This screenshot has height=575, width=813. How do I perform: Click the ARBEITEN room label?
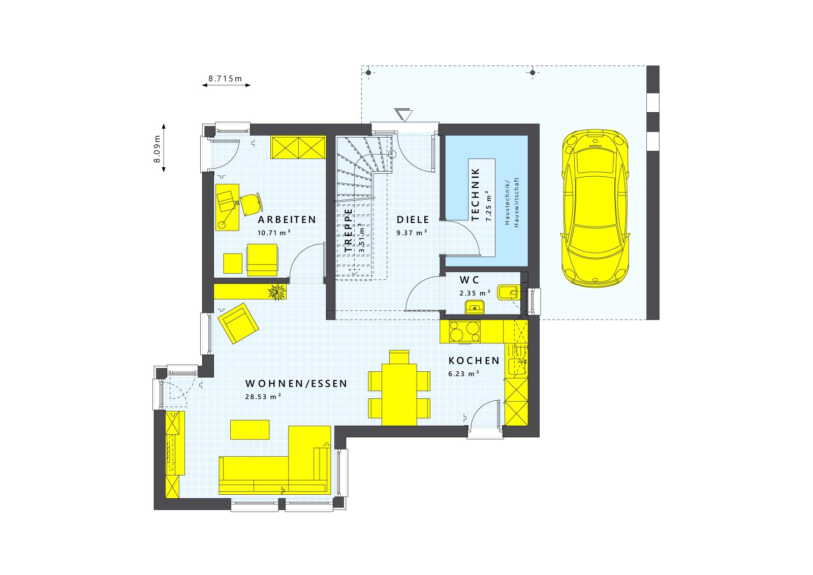[287, 220]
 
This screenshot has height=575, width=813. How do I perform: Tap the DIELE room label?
[413, 220]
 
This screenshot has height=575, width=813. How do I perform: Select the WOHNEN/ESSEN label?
[296, 384]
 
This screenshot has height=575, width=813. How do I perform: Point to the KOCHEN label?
[474, 361]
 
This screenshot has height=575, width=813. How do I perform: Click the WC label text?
[469, 280]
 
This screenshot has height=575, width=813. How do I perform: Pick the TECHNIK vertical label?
[476, 195]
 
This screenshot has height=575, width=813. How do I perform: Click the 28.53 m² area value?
[263, 397]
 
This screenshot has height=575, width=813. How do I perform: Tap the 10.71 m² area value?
[274, 233]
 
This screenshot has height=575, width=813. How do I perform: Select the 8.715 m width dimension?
[226, 79]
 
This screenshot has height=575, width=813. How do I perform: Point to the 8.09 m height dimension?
[158, 148]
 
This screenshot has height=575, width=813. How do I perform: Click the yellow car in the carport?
[595, 208]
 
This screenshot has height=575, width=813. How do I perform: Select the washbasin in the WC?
[475, 306]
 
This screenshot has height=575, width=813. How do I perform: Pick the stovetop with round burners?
[464, 332]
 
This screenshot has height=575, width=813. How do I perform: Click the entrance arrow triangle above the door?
[403, 114]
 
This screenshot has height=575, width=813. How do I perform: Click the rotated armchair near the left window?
[238, 323]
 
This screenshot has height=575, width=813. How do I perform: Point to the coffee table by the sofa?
[250, 429]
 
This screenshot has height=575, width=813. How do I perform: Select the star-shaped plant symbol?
[277, 292]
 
